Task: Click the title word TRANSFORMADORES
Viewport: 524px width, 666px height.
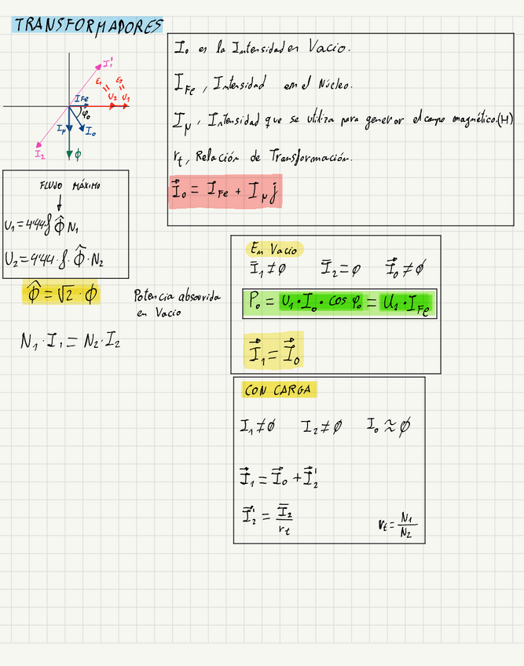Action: (88, 26)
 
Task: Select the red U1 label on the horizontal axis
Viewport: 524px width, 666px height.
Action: (126, 97)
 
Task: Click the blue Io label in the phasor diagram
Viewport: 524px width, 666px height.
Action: (90, 132)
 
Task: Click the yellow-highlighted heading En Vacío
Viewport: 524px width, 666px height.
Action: (273, 250)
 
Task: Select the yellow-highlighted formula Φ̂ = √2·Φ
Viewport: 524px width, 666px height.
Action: (61, 295)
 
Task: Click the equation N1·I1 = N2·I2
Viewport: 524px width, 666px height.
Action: (70, 342)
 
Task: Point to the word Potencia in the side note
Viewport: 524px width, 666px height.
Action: (155, 297)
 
